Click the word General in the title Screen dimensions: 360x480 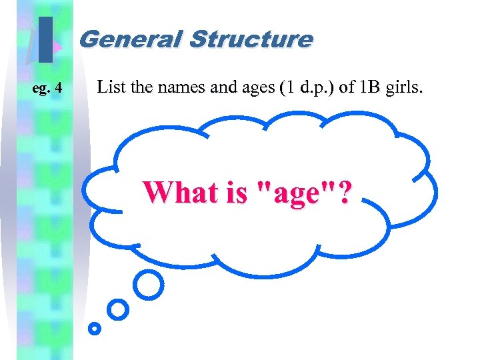pos(131,39)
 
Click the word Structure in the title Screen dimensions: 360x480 pos(250,39)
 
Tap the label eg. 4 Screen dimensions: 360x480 pos(48,87)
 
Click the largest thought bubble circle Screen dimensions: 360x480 pos(148,285)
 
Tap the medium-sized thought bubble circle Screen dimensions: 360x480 pos(118,309)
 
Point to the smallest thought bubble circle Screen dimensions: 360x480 pos(95,328)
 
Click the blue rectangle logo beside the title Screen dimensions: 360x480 pos(45,39)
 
